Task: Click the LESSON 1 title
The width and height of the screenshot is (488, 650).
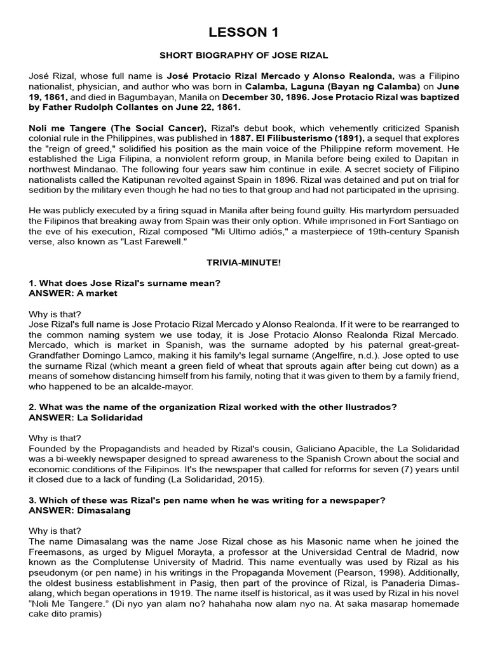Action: click(x=244, y=32)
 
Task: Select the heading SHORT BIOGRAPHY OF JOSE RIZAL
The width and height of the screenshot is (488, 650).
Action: click(x=244, y=56)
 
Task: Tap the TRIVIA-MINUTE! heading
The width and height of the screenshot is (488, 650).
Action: click(x=244, y=263)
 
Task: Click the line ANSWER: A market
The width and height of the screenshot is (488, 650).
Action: click(x=73, y=293)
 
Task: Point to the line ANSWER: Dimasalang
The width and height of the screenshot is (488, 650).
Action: click(x=80, y=510)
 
